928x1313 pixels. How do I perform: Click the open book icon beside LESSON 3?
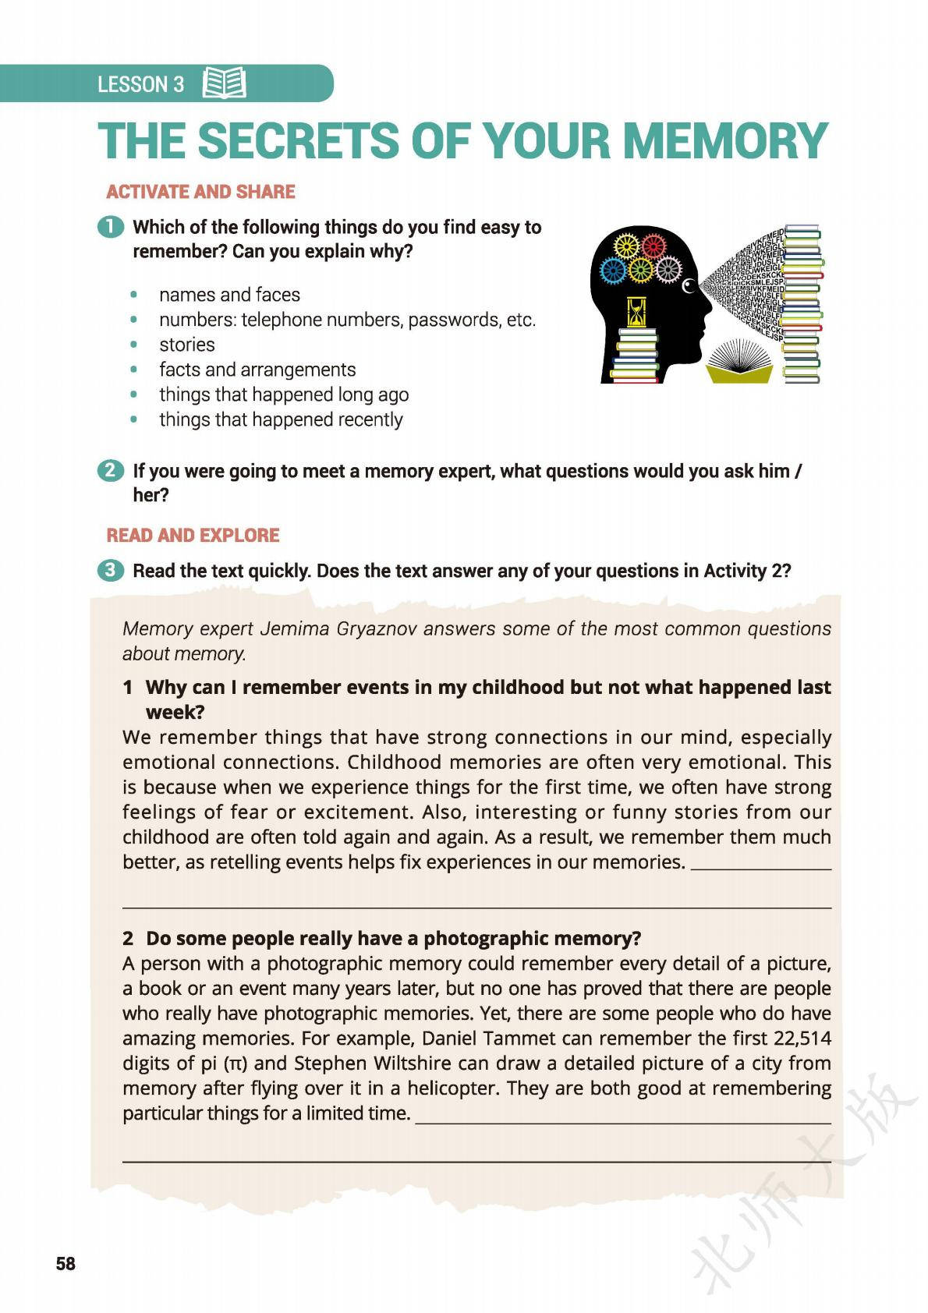224,83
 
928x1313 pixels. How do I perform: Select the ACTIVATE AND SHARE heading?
200,192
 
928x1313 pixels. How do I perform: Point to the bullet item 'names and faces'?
229,295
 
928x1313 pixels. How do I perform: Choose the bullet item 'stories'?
186,345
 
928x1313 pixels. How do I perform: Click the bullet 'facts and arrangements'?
257,370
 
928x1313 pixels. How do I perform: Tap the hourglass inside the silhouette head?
638,311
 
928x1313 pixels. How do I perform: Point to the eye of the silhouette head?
689,288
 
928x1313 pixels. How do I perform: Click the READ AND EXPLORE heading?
193,536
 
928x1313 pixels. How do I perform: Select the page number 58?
66,1264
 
